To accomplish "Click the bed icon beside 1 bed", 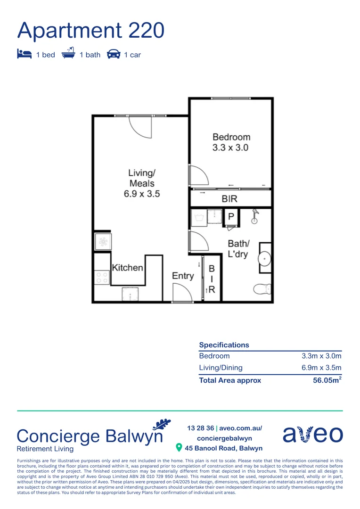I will (x=24, y=54).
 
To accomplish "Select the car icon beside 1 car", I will (x=114, y=54).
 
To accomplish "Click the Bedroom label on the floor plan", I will (x=231, y=137).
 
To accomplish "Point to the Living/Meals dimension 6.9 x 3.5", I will (x=142, y=194).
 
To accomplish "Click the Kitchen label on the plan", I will (x=127, y=268).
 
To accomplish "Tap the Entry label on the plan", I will (x=183, y=276).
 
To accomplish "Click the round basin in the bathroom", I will (x=265, y=258).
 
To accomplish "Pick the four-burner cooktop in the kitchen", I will (x=102, y=277).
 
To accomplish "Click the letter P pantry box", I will (x=231, y=216).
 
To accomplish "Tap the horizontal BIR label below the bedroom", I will (x=229, y=199).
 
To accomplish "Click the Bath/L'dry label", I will (x=238, y=249).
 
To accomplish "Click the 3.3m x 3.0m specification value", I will (x=321, y=356).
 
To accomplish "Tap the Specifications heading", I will (x=224, y=345).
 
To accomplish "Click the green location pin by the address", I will (x=179, y=447).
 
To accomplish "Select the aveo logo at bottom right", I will (x=312, y=434).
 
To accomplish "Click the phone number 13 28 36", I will (x=201, y=428).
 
